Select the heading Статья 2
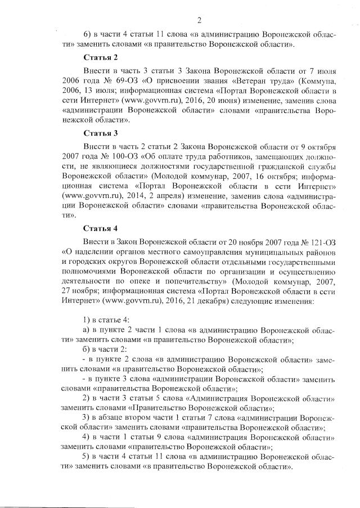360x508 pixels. [x=100, y=58]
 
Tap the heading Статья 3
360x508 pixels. [x=100, y=133]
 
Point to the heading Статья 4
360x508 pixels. [x=100, y=228]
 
